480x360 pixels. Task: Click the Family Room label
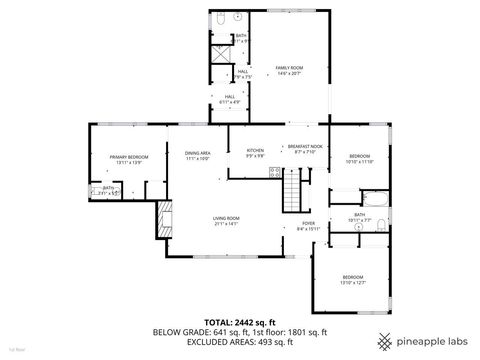(289, 70)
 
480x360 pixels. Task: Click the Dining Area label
(197, 155)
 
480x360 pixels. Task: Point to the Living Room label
(225, 220)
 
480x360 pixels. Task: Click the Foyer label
(308, 225)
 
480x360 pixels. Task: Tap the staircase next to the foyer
(292, 186)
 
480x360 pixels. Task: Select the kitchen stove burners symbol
(273, 172)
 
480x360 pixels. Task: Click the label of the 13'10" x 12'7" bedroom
(352, 280)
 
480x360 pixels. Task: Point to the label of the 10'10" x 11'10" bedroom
(360, 159)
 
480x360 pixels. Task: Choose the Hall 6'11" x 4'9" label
(230, 100)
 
